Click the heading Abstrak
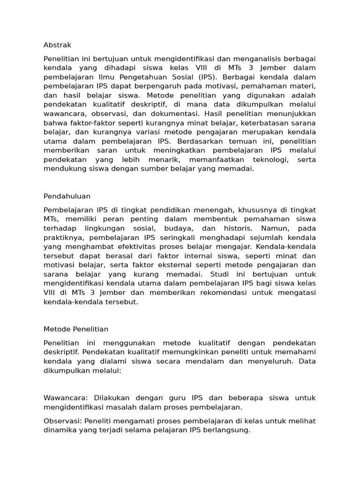[x=57, y=45]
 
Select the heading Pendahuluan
[x=67, y=196]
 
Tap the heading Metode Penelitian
[x=76, y=329]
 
